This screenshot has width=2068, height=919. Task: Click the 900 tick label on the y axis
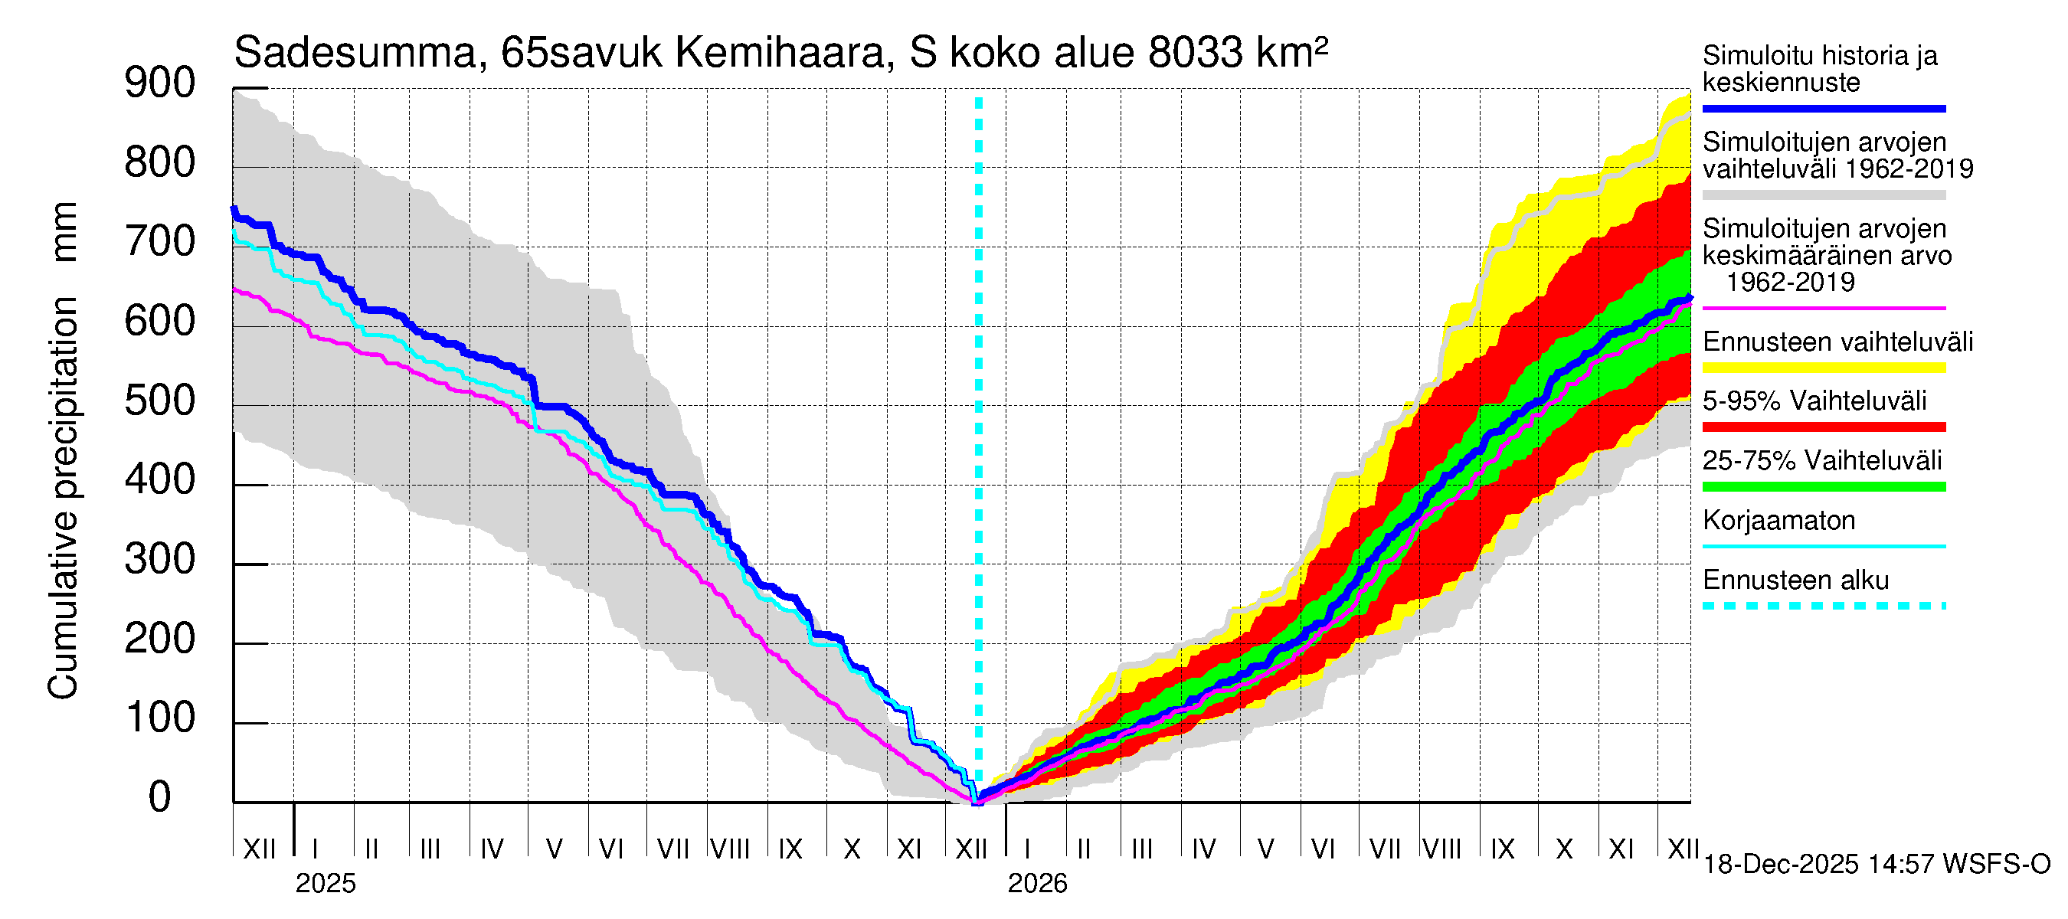click(160, 83)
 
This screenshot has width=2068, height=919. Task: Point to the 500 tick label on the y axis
click(160, 401)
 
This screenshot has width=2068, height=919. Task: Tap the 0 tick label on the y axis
click(160, 797)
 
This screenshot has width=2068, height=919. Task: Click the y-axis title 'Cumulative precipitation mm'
click(63, 450)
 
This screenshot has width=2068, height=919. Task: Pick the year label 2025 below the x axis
click(325, 884)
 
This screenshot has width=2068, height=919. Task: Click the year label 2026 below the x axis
click(1037, 884)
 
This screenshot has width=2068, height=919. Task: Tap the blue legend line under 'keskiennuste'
click(1823, 108)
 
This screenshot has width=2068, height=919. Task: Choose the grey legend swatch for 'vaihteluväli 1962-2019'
click(1823, 195)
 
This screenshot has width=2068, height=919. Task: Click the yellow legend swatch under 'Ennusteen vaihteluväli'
click(1823, 368)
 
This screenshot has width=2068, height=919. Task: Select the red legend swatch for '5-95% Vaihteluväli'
click(1823, 427)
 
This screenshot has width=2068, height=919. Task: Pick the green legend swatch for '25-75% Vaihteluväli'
click(1823, 486)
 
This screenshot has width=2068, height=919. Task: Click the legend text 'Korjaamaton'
click(1778, 521)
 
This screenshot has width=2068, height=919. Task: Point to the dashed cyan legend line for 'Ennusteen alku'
click(1823, 606)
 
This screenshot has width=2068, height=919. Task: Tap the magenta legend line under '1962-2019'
click(1823, 308)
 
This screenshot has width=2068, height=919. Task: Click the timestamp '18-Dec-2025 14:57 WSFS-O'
click(1876, 865)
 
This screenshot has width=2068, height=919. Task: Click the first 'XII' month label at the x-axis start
click(259, 849)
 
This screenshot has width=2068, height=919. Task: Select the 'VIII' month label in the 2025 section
click(731, 849)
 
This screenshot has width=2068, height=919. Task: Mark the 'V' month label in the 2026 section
click(1265, 849)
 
